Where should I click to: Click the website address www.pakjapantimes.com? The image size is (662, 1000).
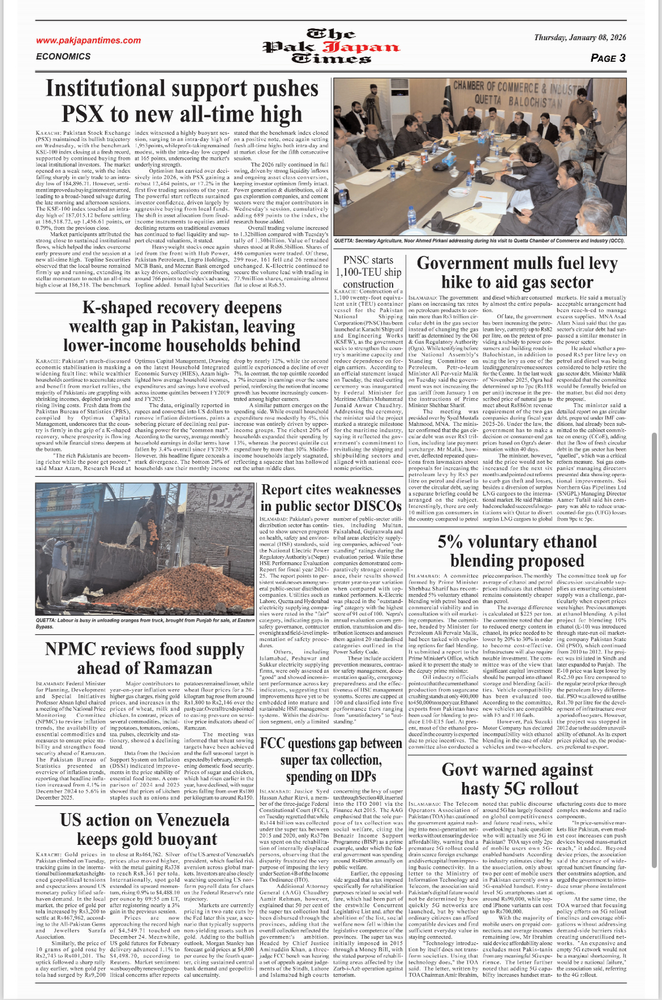pyautogui.click(x=88, y=40)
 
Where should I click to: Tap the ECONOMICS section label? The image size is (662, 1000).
pyautogui.click(x=63, y=57)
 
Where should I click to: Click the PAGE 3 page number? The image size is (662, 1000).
pyautogui.click(x=608, y=58)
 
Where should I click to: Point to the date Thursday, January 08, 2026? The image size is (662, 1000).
pyautogui.click(x=580, y=38)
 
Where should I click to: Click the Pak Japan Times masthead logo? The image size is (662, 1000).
pyautogui.click(x=331, y=46)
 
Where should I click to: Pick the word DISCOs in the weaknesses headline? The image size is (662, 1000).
pyautogui.click(x=369, y=506)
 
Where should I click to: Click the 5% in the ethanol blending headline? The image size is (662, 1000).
pyautogui.click(x=450, y=542)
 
